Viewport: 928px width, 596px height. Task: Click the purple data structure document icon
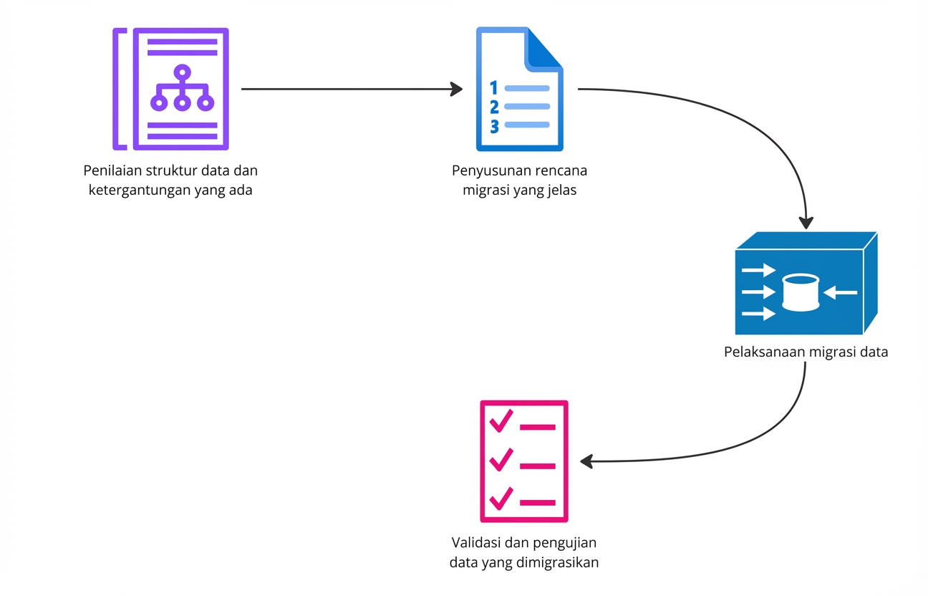coord(172,89)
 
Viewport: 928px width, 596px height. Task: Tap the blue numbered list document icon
coord(519,89)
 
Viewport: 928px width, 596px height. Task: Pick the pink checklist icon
coord(523,461)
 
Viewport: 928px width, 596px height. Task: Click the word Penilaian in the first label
coord(113,171)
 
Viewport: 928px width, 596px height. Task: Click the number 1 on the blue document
coord(493,88)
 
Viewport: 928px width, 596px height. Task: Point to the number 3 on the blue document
coord(493,126)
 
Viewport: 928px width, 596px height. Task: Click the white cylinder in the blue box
coord(801,292)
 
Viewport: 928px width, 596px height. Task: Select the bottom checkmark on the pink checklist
coord(501,497)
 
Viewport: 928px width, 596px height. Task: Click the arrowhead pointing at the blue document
coord(456,90)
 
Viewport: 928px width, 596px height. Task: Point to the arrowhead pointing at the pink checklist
coord(588,461)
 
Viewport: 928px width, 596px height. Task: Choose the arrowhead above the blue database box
coord(806,222)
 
